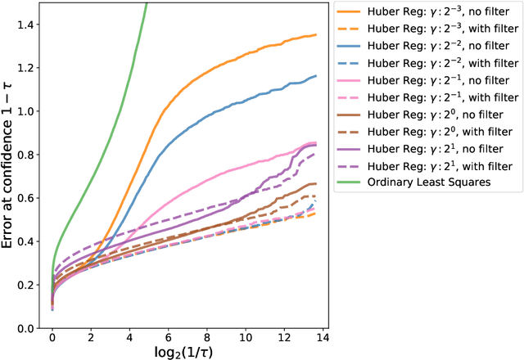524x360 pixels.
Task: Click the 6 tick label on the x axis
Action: coord(166,337)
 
